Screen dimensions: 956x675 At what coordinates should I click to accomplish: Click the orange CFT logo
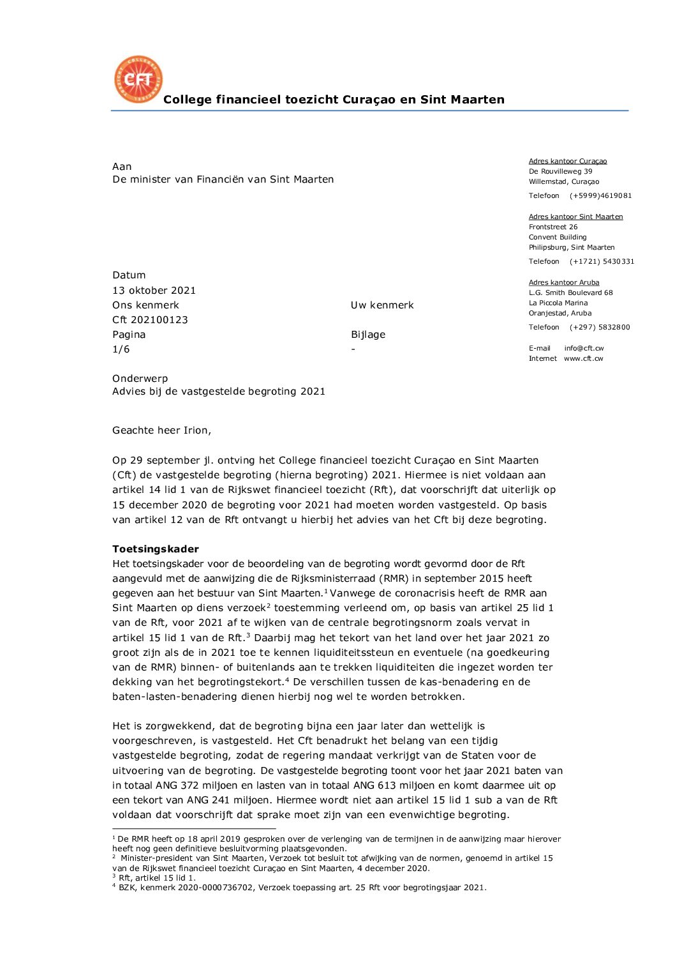click(138, 79)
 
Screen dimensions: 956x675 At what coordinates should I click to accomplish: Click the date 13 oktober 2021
click(154, 291)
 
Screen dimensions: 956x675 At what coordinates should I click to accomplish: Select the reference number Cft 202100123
click(150, 320)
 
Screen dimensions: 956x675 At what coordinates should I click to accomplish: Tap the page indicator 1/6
click(121, 349)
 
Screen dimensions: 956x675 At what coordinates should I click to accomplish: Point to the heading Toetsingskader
click(156, 549)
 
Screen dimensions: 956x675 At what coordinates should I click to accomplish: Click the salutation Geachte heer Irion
click(161, 430)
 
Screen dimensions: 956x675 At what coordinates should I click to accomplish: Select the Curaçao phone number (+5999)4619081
click(600, 196)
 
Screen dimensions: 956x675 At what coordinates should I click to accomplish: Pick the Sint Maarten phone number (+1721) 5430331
click(602, 262)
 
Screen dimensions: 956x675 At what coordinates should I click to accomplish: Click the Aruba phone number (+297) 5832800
click(600, 328)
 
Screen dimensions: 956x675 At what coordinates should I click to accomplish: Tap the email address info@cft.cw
click(584, 349)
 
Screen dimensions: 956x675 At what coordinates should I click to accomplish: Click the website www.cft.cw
click(583, 359)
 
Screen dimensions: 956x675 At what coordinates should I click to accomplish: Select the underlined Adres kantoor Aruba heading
click(564, 283)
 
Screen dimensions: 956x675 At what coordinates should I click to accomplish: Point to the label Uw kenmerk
click(382, 305)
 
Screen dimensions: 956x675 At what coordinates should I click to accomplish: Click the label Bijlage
click(368, 335)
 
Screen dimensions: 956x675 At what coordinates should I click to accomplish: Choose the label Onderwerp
click(140, 379)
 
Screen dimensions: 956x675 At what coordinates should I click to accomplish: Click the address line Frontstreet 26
click(553, 227)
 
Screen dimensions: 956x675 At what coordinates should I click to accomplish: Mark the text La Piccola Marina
click(558, 303)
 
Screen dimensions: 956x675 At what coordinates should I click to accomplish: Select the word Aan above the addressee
click(122, 167)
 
